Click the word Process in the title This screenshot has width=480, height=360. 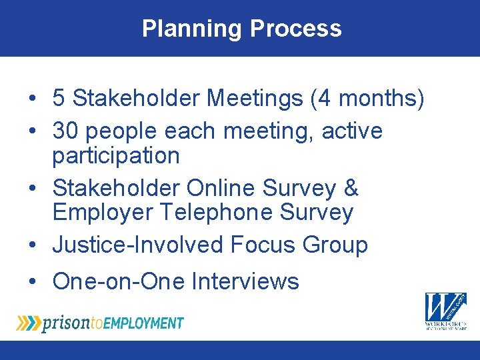295,29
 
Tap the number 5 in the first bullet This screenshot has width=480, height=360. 59,99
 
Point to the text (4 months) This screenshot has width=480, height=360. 367,99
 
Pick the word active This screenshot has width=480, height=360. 352,131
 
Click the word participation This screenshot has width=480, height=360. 116,156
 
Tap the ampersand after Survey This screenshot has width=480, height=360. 351,188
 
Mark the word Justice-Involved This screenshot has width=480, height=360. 139,245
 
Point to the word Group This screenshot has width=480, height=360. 335,245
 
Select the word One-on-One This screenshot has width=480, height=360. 119,281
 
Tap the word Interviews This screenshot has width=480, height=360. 245,281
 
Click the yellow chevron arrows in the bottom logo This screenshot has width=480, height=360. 28,323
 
